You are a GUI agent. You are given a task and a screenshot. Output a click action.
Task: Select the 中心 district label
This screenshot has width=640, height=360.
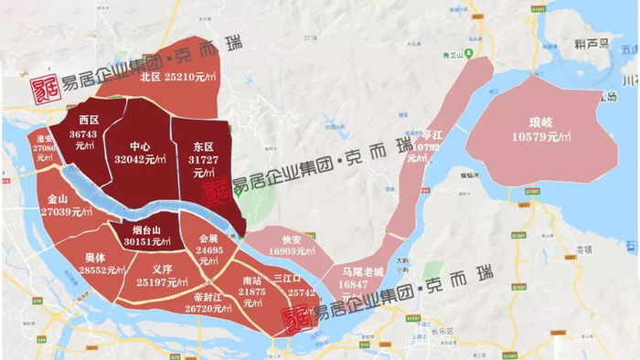pos(140,145)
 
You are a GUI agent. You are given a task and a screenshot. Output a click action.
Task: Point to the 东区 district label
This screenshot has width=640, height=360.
pos(203,146)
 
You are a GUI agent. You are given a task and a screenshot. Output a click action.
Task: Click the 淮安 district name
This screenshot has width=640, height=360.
pos(45,138)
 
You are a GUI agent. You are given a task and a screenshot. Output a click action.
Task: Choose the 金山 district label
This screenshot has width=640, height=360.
pos(57,198)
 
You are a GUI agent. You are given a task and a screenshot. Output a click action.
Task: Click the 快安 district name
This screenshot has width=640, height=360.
pos(292,238)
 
